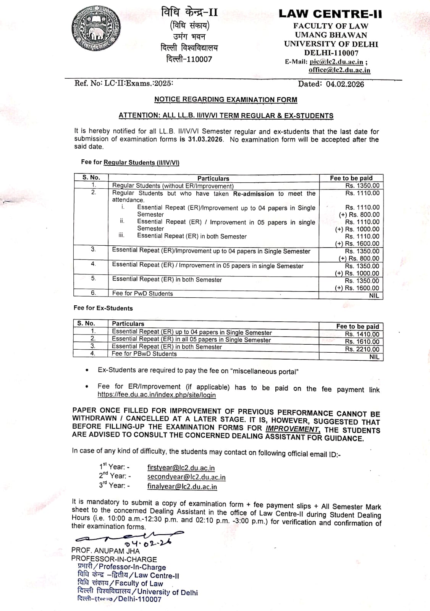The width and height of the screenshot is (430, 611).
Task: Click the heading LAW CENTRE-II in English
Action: coord(330,14)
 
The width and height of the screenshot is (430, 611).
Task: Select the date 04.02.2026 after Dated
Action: coord(345,84)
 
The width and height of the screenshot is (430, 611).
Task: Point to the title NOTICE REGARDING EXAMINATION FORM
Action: coord(226,100)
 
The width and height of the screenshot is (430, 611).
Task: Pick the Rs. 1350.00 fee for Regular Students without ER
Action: coord(362,186)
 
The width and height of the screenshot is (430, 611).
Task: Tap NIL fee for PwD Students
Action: coord(374,295)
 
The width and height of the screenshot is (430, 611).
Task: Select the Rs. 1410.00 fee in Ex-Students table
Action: coord(362,334)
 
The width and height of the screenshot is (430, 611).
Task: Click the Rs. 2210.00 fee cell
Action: coord(362,349)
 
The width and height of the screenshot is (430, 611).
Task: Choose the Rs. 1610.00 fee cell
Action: coord(362,342)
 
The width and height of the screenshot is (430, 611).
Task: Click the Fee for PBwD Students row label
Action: coord(144,354)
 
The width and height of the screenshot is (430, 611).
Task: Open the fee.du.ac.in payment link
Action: coord(157,395)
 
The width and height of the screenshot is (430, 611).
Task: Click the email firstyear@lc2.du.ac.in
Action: coord(181,468)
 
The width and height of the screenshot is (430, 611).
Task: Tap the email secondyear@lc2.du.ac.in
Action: coord(186,477)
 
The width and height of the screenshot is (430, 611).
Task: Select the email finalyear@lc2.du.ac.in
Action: coord(182,487)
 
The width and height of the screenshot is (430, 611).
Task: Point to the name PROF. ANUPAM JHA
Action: coord(105,551)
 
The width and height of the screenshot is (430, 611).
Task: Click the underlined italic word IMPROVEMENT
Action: coord(293,429)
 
